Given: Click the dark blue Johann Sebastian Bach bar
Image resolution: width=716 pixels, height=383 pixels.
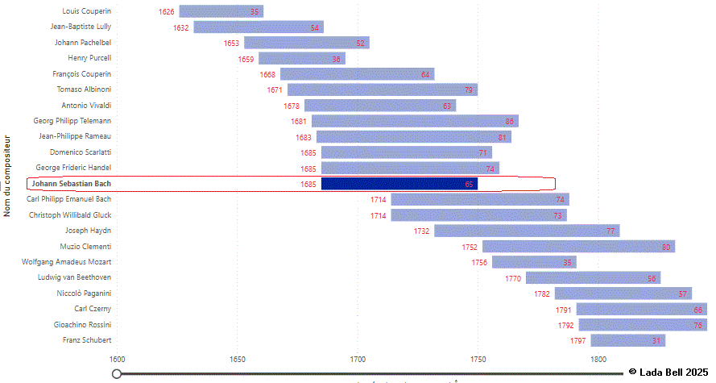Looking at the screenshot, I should (399, 184).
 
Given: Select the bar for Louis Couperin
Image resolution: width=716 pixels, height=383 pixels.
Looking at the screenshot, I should (221, 11).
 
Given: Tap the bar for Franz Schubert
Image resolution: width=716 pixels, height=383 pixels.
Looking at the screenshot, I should (628, 340).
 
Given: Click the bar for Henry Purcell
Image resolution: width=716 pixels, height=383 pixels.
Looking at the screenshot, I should (301, 59).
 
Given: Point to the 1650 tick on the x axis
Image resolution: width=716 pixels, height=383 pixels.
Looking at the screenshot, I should (237, 359).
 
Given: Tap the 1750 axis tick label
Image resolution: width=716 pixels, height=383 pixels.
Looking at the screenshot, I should (478, 359).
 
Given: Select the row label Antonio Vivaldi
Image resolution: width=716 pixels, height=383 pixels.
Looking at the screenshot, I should (86, 106).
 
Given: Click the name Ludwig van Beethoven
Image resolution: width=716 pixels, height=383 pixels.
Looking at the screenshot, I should (74, 277).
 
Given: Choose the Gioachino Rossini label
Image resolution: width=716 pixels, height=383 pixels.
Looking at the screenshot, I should (78, 324).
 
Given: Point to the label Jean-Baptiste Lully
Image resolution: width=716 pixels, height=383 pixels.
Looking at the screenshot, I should (81, 27).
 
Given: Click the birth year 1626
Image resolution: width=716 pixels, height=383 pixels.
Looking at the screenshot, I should (167, 12).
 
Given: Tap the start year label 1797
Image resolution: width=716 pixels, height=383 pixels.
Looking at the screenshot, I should (578, 341).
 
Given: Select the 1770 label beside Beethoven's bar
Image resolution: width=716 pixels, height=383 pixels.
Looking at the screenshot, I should (513, 278).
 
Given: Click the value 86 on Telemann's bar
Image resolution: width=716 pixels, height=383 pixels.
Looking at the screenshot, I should (510, 121).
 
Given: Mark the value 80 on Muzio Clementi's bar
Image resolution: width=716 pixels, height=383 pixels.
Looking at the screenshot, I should (666, 247).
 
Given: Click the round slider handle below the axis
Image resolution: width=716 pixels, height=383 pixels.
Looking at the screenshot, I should (117, 373).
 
